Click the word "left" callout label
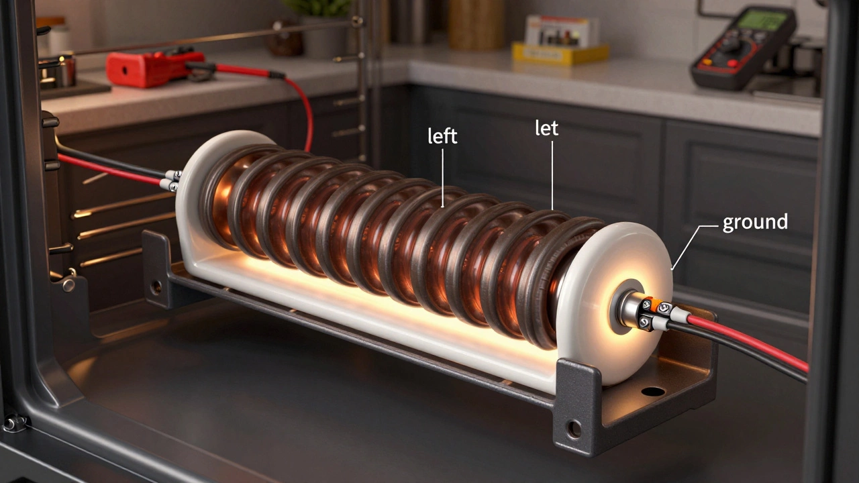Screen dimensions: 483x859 (x=442, y=136)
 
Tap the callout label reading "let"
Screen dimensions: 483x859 (x=546, y=129)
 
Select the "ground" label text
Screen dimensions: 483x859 (x=754, y=223)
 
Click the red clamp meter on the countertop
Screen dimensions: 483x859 (x=146, y=68)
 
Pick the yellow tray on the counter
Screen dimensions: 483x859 (x=560, y=52)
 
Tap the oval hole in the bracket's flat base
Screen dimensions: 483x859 (x=652, y=391)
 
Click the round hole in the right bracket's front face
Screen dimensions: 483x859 (x=574, y=427)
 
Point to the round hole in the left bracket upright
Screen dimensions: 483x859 (x=156, y=286)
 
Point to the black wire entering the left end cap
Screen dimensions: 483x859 (x=114, y=160)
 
